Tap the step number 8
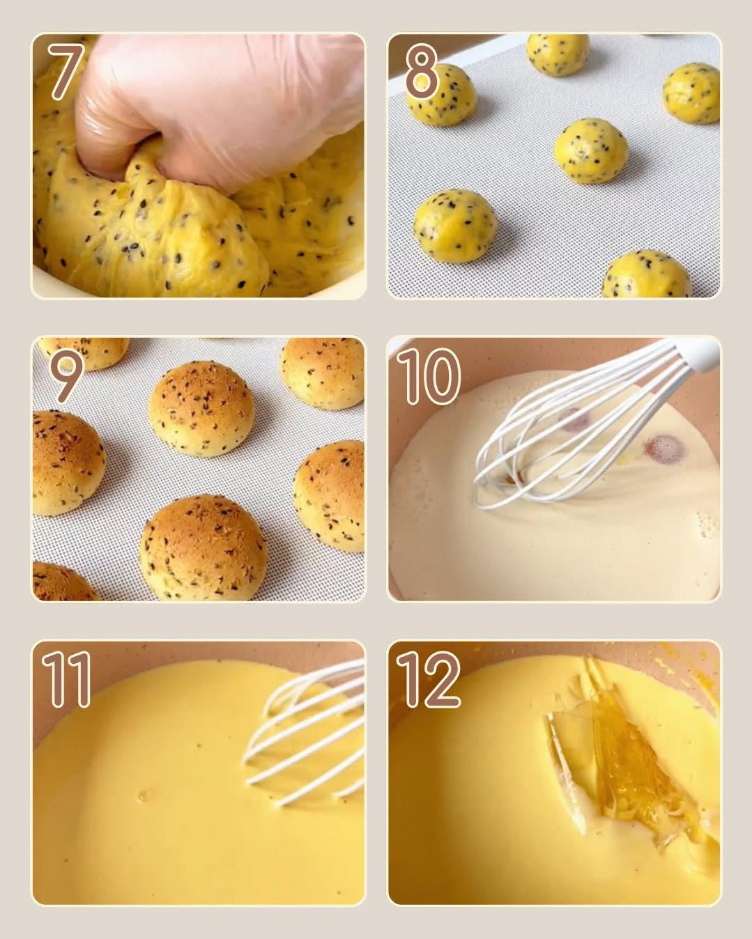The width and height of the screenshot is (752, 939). [x=421, y=72]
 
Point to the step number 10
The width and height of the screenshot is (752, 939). [x=428, y=376]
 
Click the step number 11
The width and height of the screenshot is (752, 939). [x=67, y=679]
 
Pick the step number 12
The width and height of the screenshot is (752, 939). [x=428, y=679]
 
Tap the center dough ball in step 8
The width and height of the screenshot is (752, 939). [x=591, y=150]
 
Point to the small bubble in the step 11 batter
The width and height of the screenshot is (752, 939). [x=144, y=795]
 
